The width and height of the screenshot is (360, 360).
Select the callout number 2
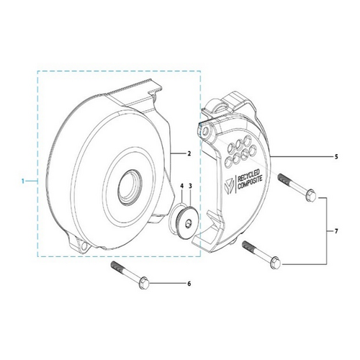[x=188, y=153]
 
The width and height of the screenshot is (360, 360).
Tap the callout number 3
[x=189, y=186]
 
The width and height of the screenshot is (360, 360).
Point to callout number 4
[x=181, y=186]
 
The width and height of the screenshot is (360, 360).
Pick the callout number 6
[x=189, y=284]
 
